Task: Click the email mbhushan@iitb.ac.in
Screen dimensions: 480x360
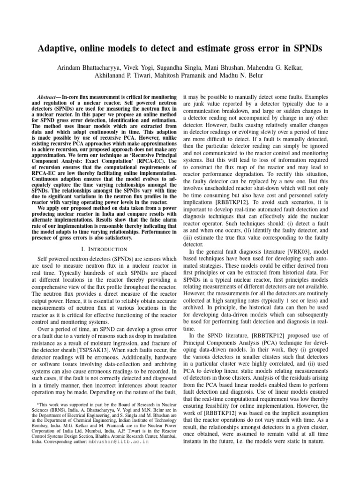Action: [118, 454]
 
